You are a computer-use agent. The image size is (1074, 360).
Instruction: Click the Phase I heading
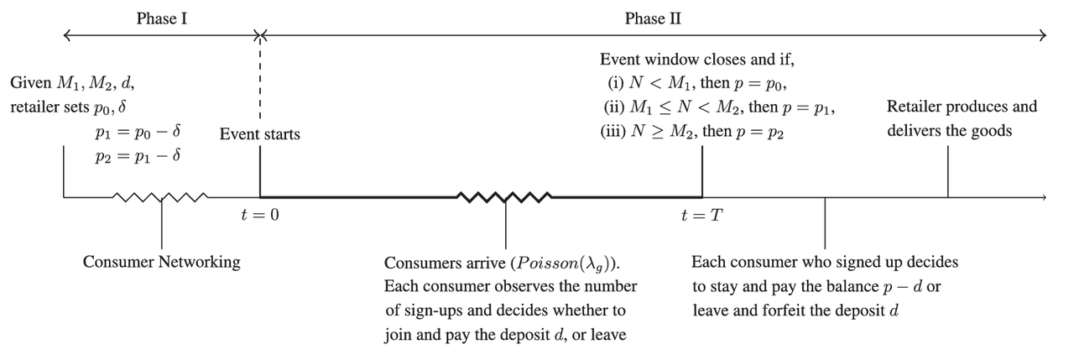161,18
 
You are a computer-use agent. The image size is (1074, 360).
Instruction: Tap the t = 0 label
259,216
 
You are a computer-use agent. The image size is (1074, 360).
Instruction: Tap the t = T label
701,216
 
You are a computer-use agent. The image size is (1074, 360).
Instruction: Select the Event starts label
259,134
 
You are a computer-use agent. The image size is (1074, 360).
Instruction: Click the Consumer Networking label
161,262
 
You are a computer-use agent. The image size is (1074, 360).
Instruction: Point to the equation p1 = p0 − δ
139,133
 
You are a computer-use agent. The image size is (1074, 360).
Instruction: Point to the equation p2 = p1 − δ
139,157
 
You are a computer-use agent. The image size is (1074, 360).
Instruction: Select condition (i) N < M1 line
697,84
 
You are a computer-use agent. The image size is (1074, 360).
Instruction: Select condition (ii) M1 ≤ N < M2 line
720,108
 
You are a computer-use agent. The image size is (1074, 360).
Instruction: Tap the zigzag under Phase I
161,198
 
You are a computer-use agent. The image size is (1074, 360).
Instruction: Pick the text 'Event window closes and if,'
696,60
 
